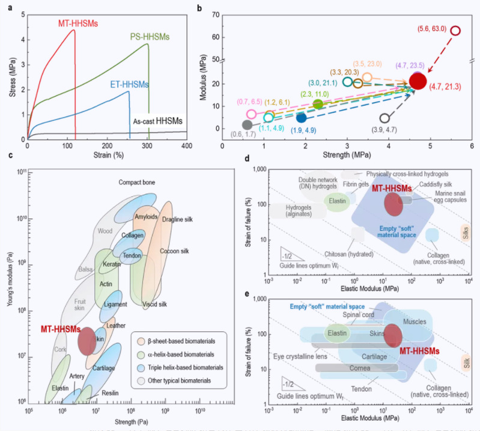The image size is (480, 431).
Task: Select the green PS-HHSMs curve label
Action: pos(150,37)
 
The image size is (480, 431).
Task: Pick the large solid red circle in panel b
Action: pos(419,80)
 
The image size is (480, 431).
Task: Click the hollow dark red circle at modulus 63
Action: pos(455,31)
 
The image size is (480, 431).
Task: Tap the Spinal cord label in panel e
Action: pos(358,314)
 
